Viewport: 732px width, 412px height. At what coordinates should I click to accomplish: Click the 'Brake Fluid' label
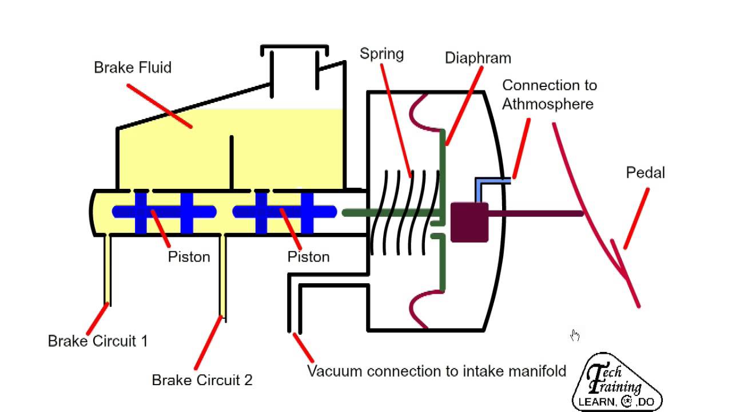pos(132,68)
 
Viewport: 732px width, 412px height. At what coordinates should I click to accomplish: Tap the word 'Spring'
pos(381,54)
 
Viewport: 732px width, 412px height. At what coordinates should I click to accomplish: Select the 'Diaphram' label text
pos(478,58)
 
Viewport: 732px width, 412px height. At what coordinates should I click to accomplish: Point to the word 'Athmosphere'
pos(548,104)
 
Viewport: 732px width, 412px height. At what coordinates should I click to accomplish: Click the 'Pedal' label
pos(645,173)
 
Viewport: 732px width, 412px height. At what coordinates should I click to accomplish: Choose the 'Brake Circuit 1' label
pos(98,341)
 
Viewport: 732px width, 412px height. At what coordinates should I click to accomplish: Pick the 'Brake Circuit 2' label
pos(202,380)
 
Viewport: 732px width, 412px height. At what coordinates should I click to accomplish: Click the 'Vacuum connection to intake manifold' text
pos(436,371)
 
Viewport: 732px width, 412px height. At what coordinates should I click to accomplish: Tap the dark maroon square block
pos(470,222)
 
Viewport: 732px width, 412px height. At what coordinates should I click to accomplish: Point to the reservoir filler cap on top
pos(295,50)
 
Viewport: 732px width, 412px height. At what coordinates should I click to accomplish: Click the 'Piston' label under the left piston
pos(189,257)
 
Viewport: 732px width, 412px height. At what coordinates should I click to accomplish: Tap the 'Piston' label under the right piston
pos(308,257)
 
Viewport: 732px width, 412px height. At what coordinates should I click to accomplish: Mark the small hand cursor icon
pos(575,335)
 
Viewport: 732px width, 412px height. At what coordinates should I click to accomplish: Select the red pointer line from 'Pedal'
pos(636,219)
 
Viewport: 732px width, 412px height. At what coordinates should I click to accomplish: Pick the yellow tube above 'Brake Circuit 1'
pos(106,269)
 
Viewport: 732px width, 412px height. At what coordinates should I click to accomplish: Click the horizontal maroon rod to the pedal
pos(535,214)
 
